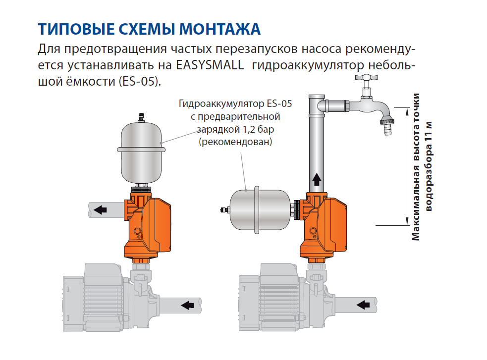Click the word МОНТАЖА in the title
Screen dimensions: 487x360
[x=219, y=29]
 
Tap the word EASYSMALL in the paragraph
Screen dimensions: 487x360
[x=210, y=65]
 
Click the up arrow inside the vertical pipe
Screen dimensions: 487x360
[x=317, y=179]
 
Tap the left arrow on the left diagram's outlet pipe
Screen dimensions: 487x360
[x=100, y=210]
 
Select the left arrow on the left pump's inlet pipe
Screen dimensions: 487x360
[x=187, y=305]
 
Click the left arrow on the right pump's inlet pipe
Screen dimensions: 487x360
[x=363, y=305]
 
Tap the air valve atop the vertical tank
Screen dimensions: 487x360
[x=141, y=118]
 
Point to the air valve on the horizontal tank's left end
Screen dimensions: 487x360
[x=224, y=210]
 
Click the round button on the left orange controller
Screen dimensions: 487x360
[x=137, y=231]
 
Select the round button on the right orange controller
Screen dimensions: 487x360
[x=313, y=231]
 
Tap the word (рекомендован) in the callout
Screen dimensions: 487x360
[x=235, y=142]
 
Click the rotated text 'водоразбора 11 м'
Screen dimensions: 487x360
[x=429, y=166]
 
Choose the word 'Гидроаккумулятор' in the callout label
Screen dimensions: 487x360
[x=221, y=103]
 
